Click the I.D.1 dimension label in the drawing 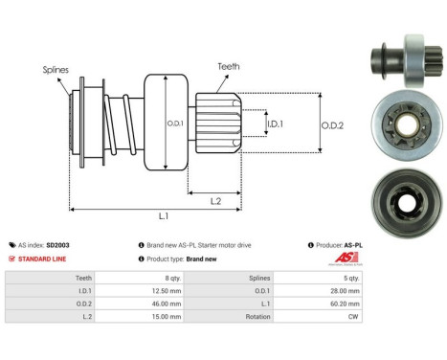pyautogui.click(x=274, y=124)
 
